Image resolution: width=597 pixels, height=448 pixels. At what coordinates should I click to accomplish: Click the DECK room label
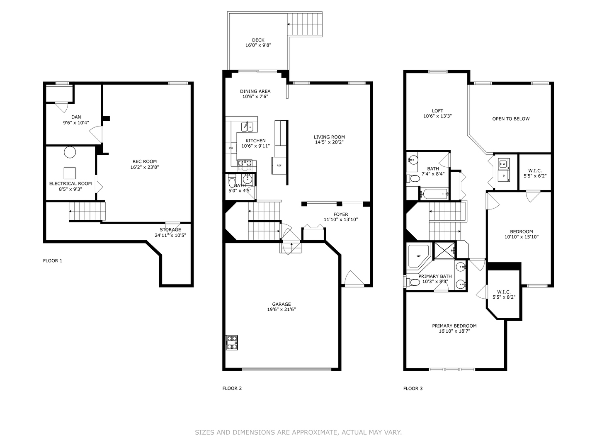258,40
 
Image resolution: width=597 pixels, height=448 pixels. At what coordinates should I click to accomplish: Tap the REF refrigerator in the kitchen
279,166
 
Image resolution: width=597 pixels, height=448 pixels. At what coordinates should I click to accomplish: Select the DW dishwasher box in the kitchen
231,148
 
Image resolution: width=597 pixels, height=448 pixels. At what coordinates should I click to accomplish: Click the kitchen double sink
247,127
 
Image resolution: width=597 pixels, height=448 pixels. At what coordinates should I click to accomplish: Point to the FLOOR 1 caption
53,261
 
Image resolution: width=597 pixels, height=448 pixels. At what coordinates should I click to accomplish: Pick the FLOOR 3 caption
413,388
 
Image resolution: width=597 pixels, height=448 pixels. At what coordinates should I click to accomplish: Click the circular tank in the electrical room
70,152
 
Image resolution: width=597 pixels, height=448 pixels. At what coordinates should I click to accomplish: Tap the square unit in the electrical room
70,173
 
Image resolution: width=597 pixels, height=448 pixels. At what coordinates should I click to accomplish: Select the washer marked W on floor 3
503,164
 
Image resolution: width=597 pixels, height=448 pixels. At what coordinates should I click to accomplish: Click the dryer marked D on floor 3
503,176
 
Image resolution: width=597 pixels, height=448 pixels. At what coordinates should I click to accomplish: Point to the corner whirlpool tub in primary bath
418,256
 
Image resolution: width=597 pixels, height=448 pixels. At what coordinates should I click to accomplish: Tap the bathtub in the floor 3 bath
434,194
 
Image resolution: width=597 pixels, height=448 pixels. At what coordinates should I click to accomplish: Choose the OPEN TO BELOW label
511,119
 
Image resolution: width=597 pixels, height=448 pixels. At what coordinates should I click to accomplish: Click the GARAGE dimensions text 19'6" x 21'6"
281,309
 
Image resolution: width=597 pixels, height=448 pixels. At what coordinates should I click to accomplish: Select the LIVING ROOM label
329,137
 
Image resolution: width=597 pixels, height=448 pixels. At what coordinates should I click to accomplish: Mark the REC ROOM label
144,161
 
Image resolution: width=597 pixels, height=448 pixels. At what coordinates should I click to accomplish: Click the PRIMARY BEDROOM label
454,326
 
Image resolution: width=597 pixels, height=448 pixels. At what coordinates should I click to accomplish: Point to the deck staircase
305,24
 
